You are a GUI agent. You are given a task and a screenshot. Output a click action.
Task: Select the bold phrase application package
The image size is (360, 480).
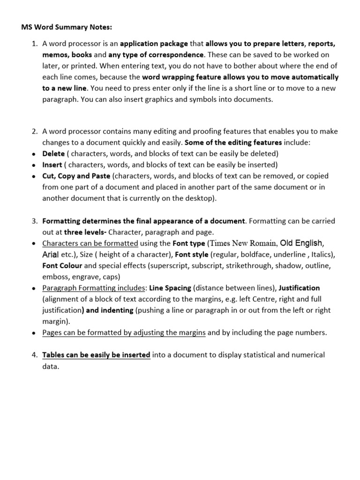(154, 44)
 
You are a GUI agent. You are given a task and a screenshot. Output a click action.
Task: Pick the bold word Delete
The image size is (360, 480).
(53, 154)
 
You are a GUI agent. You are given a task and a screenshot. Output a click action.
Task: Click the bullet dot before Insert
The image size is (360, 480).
(33, 165)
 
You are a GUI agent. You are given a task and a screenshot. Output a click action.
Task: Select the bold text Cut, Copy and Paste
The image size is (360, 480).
(76, 176)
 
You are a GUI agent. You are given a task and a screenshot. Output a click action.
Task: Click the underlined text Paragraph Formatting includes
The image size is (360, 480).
(94, 288)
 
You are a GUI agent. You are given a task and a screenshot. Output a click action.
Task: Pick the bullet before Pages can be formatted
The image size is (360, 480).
(33, 333)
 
